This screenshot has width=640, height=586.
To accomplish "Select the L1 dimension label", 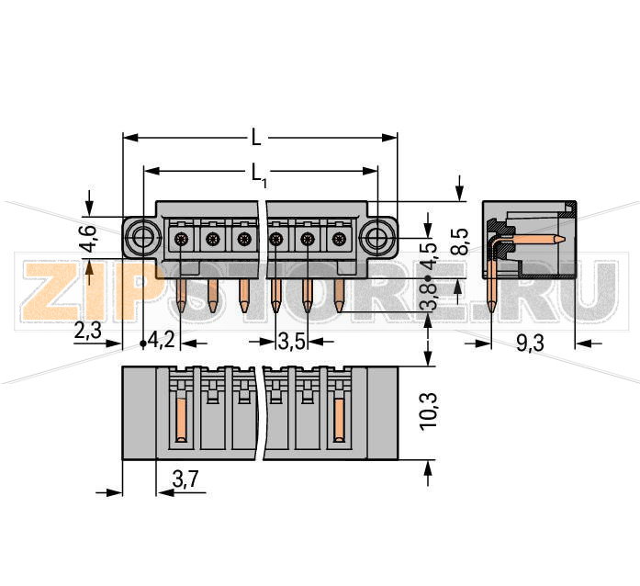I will point(260,172).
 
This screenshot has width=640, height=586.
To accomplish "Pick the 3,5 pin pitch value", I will point(291,342).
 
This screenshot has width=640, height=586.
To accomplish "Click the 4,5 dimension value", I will point(428,254).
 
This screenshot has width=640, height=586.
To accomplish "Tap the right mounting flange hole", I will point(376,241).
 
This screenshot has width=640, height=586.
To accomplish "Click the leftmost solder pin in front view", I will point(183,295).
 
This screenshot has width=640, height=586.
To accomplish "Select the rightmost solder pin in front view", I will point(339,295).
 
